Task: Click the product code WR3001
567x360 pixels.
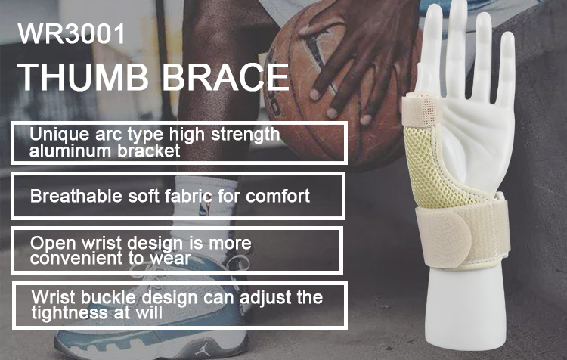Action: pyautogui.click(x=71, y=33)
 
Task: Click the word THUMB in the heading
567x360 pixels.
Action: pyautogui.click(x=83, y=76)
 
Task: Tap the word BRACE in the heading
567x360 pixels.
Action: pyautogui.click(x=225, y=76)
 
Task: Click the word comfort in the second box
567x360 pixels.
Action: pyautogui.click(x=277, y=196)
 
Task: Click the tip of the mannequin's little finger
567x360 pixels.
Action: pyautogui.click(x=509, y=36)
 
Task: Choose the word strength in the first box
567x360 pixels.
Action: pyautogui.click(x=245, y=135)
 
